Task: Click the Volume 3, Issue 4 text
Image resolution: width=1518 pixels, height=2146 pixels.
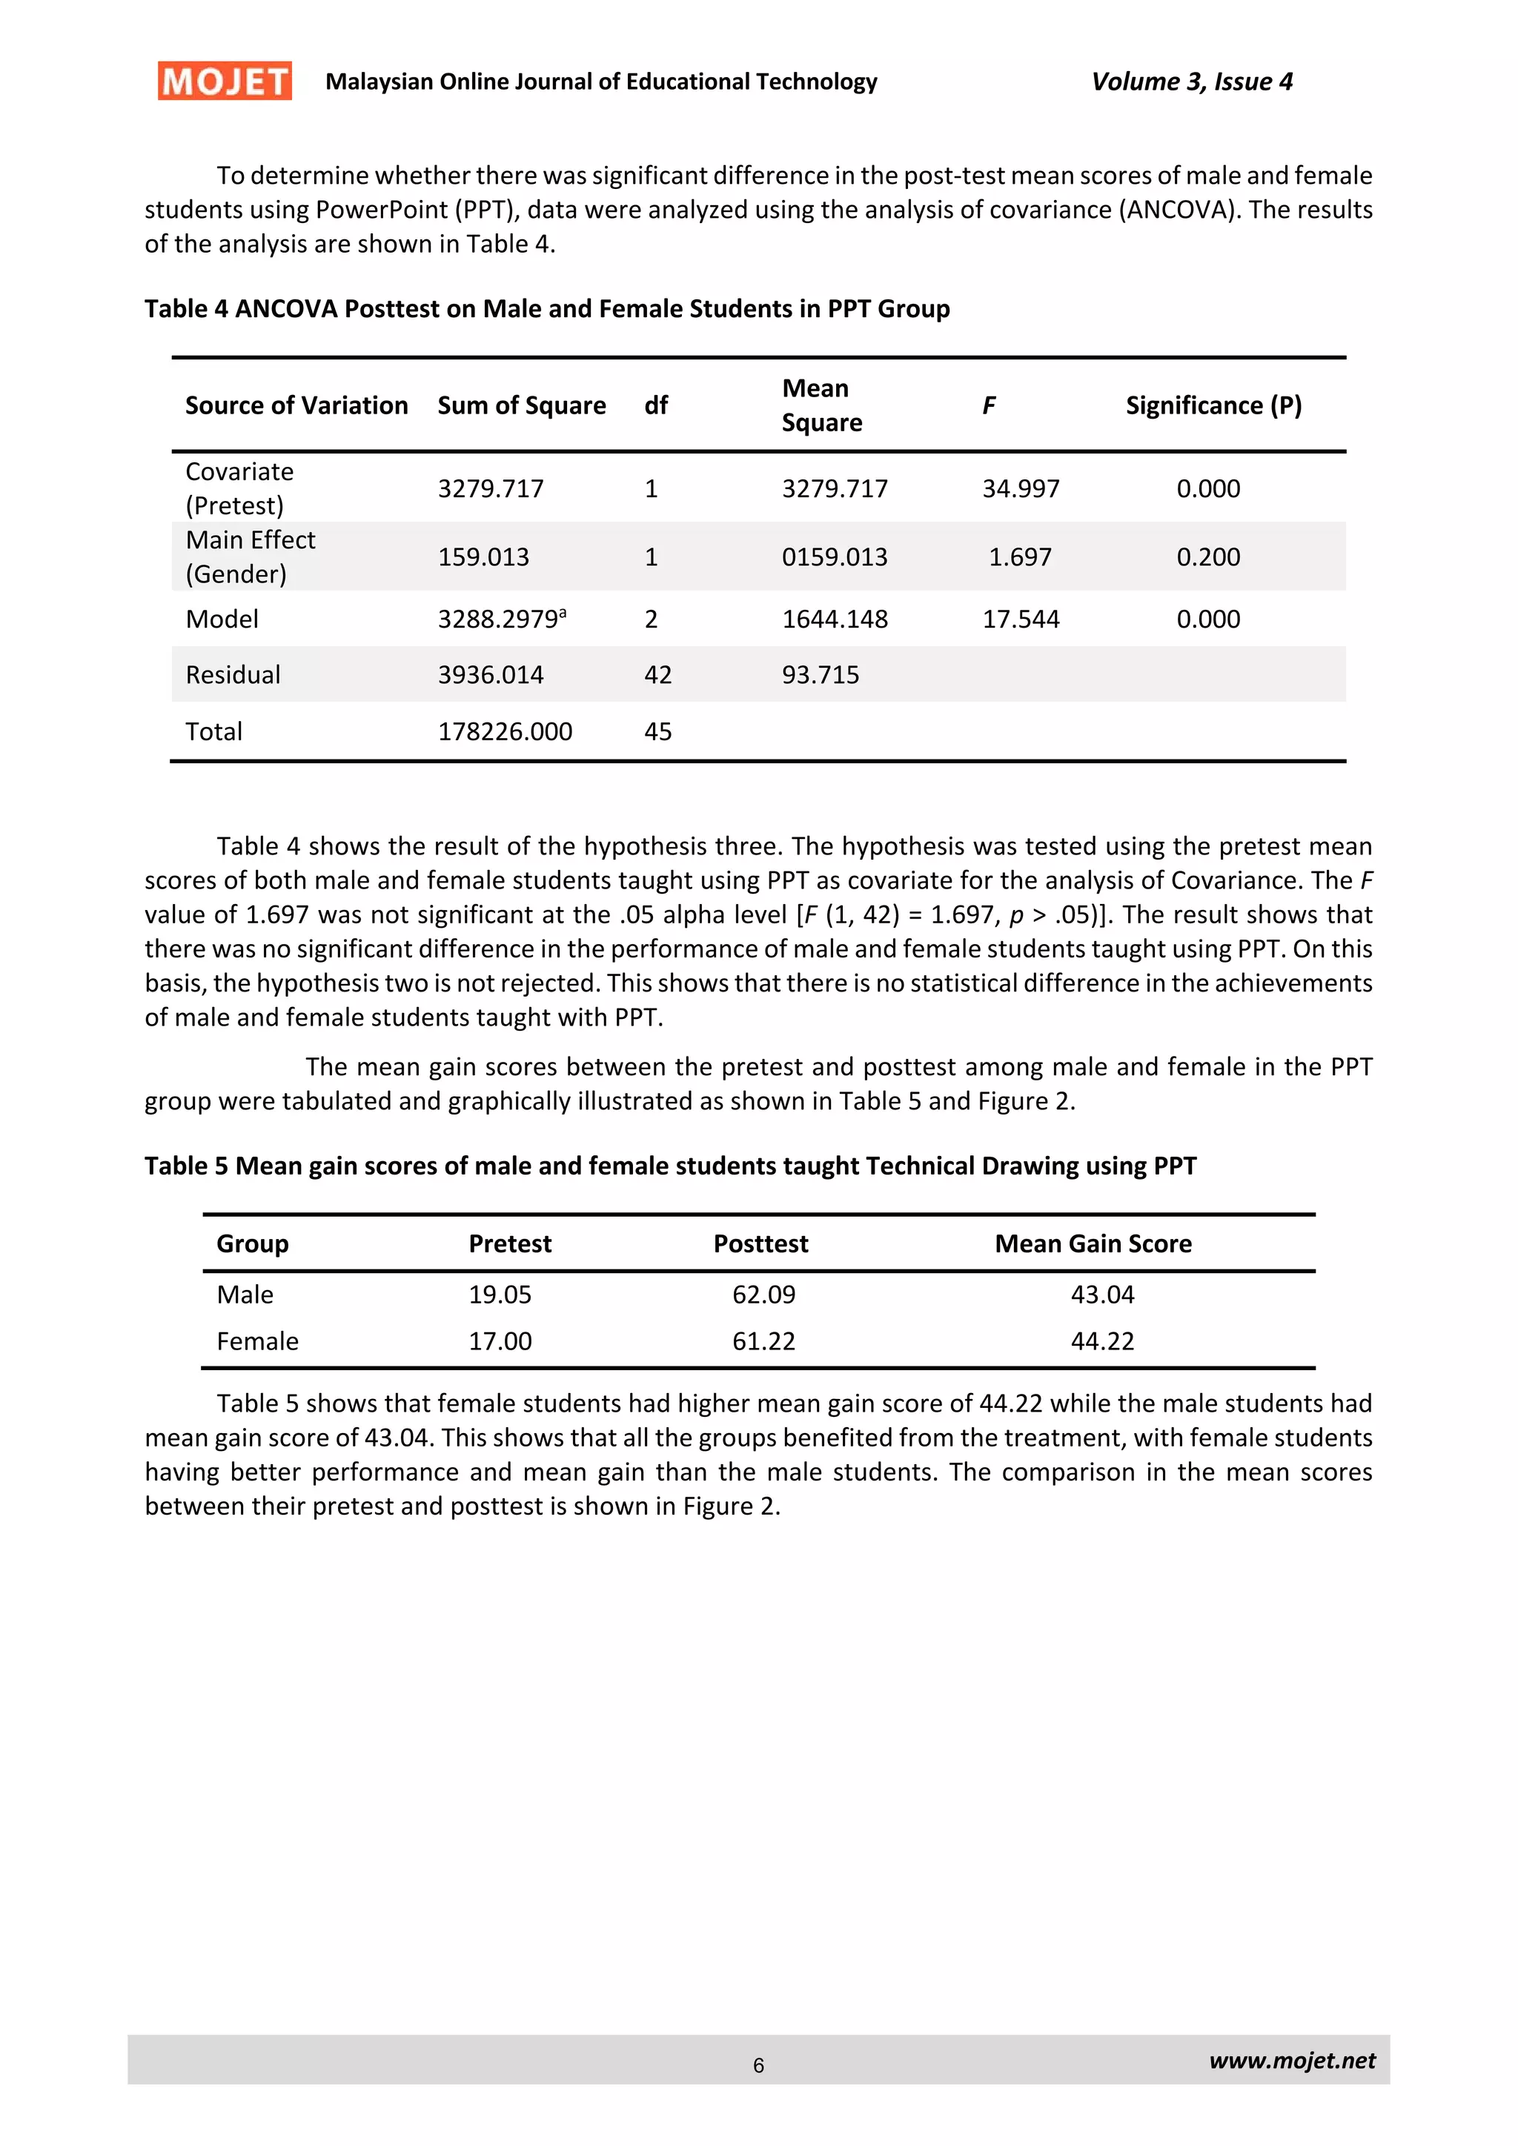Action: point(1192,82)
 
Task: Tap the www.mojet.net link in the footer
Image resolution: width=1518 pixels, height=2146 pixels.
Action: point(1292,2060)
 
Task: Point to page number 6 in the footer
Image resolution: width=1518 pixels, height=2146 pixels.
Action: point(758,2066)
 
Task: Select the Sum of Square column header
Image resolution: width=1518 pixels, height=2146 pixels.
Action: point(522,405)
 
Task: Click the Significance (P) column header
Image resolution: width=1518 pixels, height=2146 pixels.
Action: point(1213,405)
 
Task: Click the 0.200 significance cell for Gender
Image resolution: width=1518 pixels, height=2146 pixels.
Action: point(1207,557)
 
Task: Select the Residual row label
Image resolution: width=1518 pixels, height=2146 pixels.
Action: point(233,675)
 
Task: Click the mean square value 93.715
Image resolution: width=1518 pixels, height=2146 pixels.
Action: point(820,675)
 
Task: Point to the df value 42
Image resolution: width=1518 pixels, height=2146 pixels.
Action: point(657,675)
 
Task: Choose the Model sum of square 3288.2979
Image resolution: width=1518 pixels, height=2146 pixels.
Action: point(501,619)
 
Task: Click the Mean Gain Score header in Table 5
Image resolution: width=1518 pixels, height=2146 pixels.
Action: point(1093,1243)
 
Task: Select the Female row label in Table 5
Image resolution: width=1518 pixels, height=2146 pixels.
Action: point(257,1341)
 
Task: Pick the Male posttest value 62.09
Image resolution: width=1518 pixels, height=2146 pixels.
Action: point(763,1295)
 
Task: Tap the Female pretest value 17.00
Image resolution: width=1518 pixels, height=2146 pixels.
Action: point(500,1341)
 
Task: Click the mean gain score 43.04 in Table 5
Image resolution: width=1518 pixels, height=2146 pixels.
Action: point(1102,1295)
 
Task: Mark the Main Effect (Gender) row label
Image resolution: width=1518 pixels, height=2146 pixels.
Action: point(251,557)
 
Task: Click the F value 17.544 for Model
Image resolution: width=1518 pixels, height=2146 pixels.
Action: point(1021,619)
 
